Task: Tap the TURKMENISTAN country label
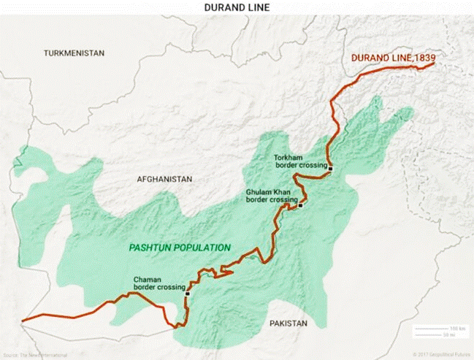point(74,53)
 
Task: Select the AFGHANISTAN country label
point(164,179)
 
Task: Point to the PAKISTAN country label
point(288,323)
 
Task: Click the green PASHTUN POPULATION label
point(180,248)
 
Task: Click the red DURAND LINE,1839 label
point(388,58)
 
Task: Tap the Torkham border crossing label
point(298,161)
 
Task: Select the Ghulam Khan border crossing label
point(272,195)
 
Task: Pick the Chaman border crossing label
point(159,283)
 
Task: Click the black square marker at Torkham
point(330,169)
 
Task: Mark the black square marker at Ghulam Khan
point(300,205)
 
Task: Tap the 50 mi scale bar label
point(456,335)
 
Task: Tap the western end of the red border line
point(23,320)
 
